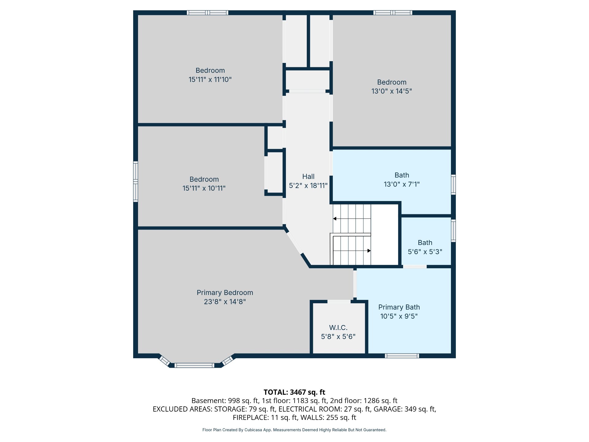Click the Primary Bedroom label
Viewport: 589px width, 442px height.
[225, 293]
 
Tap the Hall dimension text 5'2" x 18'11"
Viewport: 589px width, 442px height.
[308, 185]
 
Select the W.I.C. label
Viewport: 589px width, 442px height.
[338, 328]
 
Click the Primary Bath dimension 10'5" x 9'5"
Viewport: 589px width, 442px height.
[399, 316]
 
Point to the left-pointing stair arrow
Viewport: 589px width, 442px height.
[352, 219]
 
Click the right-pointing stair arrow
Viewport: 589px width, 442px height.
[352, 251]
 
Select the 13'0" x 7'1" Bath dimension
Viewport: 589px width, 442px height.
[402, 184]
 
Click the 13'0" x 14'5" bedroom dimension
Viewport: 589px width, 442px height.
[392, 91]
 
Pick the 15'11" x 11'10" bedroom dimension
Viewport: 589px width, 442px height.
[210, 79]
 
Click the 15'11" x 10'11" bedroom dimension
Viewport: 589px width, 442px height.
[204, 188]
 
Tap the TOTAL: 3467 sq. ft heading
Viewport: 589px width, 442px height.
[294, 392]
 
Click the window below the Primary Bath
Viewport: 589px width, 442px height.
[402, 356]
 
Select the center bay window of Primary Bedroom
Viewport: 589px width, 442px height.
[194, 365]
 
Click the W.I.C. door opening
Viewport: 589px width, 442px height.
[339, 302]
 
